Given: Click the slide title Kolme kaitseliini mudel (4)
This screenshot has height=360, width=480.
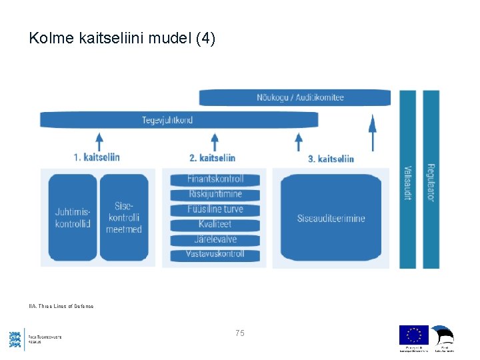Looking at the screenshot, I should coord(122,39).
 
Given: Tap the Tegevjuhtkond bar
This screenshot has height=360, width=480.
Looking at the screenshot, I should coord(179,120).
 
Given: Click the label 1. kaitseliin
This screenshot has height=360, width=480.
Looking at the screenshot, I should coord(97,157).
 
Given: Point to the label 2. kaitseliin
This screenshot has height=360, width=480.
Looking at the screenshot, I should coord(212,158).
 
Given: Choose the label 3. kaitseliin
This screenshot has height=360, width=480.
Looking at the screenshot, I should coord(331,159).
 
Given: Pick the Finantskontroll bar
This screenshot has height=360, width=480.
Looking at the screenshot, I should coord(215,179).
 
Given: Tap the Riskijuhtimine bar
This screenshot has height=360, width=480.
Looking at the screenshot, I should coord(215,194).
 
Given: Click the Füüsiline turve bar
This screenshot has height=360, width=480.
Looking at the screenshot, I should coord(215,209).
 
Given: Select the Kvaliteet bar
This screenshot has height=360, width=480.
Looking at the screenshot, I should coord(215,224).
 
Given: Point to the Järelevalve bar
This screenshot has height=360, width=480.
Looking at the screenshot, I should coord(215,239).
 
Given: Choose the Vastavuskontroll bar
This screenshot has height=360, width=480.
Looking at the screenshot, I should coord(215,254).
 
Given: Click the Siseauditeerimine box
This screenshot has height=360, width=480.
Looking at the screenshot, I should coord(331,218).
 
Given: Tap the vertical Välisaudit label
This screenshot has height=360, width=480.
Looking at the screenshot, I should coord(407,183).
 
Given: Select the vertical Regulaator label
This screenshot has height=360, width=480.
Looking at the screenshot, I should coord(431,183).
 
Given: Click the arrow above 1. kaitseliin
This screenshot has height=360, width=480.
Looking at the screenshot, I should coord(99,141).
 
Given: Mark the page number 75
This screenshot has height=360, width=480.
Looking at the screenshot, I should coord(239,332).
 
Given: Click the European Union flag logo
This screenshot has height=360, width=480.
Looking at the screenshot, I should coord(413,335).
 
